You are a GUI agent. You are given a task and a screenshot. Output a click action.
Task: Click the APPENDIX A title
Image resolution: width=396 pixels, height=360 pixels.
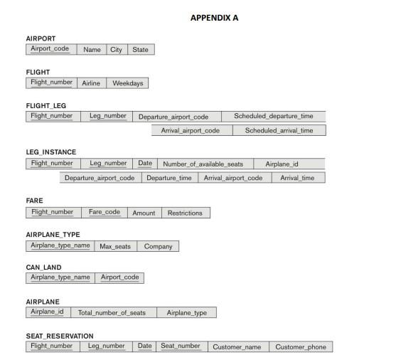click(214, 18)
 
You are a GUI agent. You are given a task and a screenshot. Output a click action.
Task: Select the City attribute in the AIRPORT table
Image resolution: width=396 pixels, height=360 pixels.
click(115, 50)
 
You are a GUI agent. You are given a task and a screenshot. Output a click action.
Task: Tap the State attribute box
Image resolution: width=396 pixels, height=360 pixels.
click(140, 50)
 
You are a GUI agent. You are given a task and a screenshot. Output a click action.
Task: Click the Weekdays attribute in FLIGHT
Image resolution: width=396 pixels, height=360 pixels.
click(127, 83)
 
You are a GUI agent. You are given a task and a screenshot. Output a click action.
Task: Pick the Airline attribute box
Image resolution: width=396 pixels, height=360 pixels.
click(91, 83)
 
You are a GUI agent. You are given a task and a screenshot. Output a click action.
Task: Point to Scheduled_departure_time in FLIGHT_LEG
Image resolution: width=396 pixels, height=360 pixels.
click(273, 117)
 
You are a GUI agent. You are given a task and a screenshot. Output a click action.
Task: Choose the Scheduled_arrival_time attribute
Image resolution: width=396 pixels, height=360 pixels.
click(279, 131)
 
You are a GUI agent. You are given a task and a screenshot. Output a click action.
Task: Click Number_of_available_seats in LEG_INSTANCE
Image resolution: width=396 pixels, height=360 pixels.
click(203, 164)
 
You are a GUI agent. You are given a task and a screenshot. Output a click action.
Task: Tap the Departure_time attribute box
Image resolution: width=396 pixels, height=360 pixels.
click(168, 178)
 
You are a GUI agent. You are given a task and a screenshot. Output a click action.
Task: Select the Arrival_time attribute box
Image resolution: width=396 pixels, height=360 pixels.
click(297, 178)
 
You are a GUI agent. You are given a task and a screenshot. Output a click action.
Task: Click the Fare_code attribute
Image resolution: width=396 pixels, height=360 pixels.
click(104, 212)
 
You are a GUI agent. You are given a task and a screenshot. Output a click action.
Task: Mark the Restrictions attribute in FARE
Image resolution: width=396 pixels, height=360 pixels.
click(185, 213)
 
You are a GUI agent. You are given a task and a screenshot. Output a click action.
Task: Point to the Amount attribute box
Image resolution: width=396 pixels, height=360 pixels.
click(143, 213)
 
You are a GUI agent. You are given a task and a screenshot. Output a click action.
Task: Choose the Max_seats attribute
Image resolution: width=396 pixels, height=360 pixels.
click(115, 247)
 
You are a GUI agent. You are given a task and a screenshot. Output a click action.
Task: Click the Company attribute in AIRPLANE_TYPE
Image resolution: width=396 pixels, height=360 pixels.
click(159, 247)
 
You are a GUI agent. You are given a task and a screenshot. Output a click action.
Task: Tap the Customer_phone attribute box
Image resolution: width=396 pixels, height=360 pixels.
click(301, 347)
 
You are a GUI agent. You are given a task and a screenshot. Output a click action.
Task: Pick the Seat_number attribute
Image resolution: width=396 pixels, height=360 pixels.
click(180, 346)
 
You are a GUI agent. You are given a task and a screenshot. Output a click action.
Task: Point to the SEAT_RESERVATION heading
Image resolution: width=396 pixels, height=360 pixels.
click(60, 336)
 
